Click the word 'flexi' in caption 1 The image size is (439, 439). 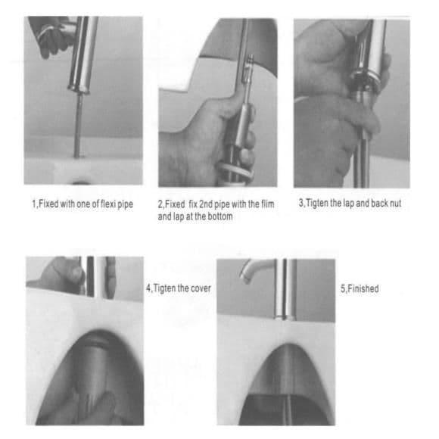point(107,204)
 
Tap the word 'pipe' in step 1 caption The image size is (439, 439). point(125,204)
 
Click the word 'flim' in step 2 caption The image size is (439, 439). point(267,204)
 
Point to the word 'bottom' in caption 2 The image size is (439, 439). point(220,216)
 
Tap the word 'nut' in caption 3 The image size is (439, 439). point(395,204)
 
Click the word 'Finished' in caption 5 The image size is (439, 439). point(363,288)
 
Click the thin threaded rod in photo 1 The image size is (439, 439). point(78,125)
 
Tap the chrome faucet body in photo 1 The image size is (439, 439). point(83,53)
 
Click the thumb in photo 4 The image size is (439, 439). point(75,272)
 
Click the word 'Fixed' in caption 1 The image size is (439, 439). point(48,204)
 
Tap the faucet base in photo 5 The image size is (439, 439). point(285,316)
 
